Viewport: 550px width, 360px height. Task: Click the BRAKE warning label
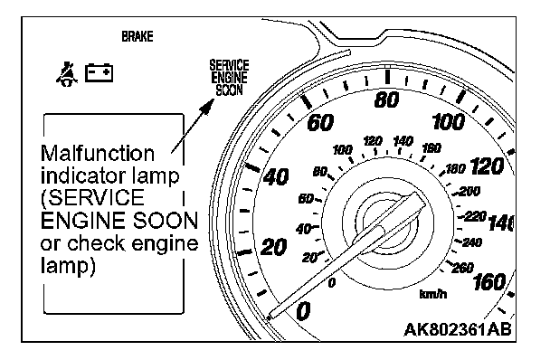point(137,36)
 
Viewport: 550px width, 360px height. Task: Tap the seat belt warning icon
point(67,74)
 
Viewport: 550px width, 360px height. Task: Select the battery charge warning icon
point(99,72)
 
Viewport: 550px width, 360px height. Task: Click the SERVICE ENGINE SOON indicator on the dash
point(229,78)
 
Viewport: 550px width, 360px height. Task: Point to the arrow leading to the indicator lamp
point(193,126)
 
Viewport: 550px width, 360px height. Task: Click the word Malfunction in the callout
point(98,154)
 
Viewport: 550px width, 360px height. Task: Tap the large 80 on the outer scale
point(386,99)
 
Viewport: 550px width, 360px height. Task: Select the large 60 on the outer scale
point(320,123)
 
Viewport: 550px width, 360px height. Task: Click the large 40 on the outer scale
point(276,176)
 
